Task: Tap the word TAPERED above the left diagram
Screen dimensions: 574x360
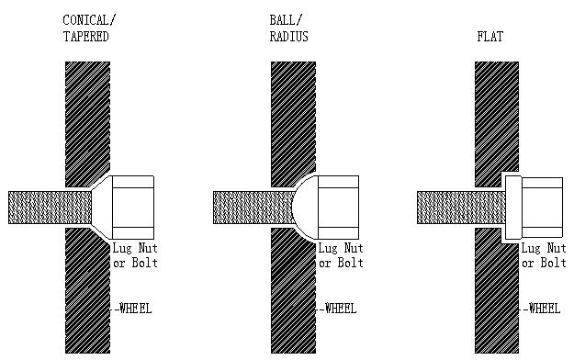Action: coord(86,37)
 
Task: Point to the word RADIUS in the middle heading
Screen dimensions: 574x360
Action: coord(288,37)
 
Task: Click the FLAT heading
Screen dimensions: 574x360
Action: coord(490,37)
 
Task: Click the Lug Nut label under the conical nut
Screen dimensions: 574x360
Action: coord(135,248)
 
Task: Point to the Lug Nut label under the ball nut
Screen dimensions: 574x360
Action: coord(341,248)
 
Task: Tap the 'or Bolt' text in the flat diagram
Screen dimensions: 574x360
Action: coord(544,263)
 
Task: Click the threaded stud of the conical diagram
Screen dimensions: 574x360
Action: coord(50,208)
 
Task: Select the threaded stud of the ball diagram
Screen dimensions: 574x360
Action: coord(253,208)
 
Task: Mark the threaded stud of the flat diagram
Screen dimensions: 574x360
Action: coord(461,208)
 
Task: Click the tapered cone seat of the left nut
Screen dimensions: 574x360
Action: coord(102,208)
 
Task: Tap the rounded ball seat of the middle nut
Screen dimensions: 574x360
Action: coord(305,208)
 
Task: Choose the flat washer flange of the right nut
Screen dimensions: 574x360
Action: coord(513,208)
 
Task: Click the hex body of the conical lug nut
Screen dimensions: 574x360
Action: coord(133,208)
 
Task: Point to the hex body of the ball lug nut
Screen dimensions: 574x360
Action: coord(338,208)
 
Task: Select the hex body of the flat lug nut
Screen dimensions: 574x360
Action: coord(542,208)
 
